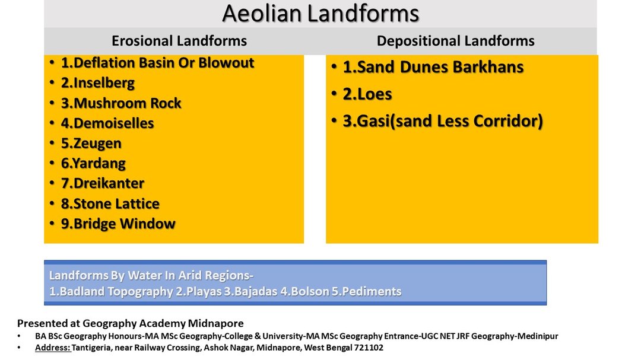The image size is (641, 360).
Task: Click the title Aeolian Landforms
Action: tap(320, 14)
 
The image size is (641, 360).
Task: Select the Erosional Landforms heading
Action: tap(179, 41)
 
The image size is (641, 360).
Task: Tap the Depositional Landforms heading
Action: tap(455, 41)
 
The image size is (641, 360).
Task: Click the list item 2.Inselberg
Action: tap(98, 83)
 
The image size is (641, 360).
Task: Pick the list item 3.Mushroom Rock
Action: tap(121, 103)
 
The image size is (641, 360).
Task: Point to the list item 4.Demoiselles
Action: tap(107, 123)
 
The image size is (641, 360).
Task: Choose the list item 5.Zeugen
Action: tap(91, 144)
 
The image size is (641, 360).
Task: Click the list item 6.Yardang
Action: tap(93, 164)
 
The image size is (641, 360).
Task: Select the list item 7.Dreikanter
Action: tap(103, 183)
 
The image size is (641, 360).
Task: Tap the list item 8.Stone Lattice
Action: tap(110, 203)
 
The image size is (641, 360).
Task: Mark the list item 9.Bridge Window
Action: tap(118, 224)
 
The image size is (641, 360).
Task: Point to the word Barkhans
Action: tap(488, 67)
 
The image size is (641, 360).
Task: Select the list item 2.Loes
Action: tap(367, 94)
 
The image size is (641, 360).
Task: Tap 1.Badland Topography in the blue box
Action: tap(111, 291)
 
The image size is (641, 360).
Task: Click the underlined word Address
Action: tap(53, 348)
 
